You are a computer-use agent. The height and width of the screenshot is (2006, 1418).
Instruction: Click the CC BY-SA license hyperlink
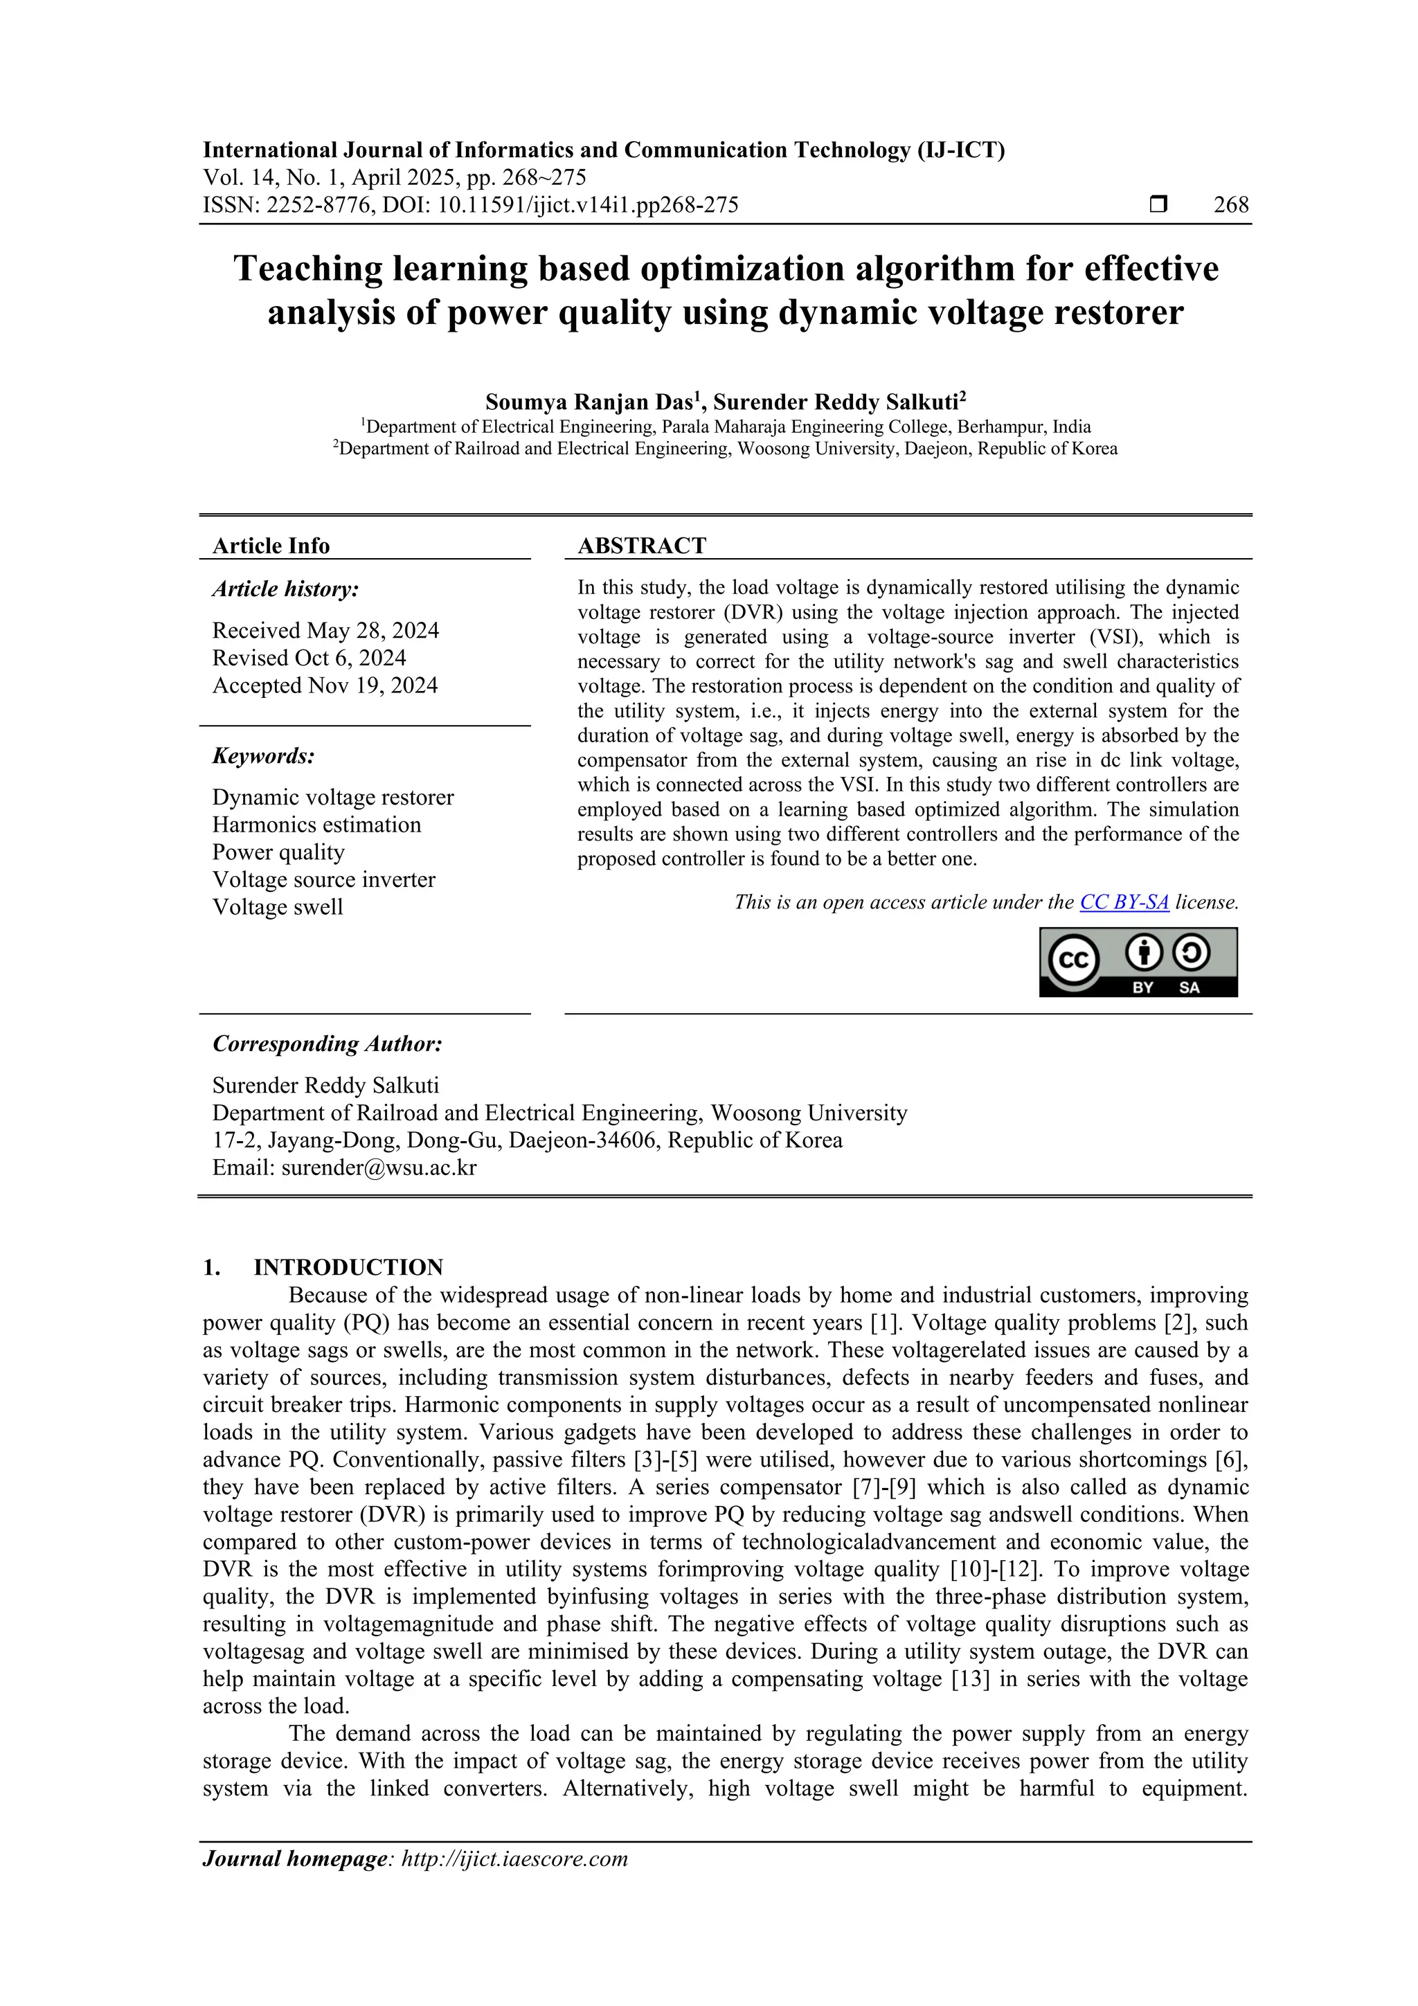(x=1124, y=902)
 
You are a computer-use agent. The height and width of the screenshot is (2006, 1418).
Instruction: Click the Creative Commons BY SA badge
(x=1138, y=962)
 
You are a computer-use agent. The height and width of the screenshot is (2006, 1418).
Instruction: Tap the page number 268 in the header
(x=1231, y=206)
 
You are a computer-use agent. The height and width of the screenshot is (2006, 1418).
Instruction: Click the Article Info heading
(x=271, y=546)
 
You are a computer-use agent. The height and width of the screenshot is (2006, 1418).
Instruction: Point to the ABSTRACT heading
(x=641, y=546)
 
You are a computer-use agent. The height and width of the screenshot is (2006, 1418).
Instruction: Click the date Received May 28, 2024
(x=325, y=631)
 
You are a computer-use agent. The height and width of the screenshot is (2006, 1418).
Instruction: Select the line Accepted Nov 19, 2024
(x=324, y=686)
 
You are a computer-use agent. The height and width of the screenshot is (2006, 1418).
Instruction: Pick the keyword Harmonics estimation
(x=316, y=825)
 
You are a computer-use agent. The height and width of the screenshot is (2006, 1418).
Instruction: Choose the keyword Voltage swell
(x=277, y=907)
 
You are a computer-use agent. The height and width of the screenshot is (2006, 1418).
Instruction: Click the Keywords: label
(x=263, y=755)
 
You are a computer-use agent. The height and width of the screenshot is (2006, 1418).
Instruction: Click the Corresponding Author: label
(x=327, y=1044)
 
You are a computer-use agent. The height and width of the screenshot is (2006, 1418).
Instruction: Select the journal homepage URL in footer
(x=514, y=1859)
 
